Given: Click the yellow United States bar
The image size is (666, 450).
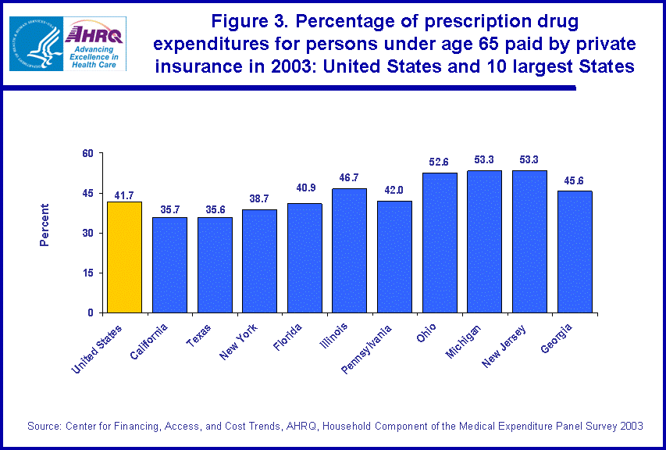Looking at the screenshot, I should coord(124,257).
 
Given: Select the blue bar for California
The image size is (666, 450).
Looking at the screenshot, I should coord(169,265).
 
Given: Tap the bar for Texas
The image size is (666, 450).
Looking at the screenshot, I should coord(214,265).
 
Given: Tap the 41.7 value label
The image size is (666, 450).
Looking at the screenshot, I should coord(124,193).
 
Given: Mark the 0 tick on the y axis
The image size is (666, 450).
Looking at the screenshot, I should coord(89,312).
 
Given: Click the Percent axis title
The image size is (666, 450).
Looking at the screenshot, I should coord(45,225).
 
